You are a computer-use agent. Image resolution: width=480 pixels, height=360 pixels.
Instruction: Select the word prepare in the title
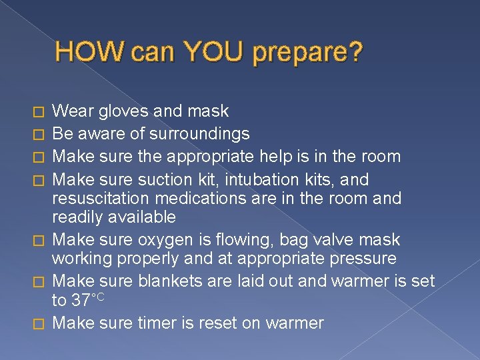coord(307,53)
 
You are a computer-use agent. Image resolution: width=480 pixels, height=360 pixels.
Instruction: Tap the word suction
coord(163,179)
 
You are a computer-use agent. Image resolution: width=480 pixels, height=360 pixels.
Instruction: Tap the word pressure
coord(362,258)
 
